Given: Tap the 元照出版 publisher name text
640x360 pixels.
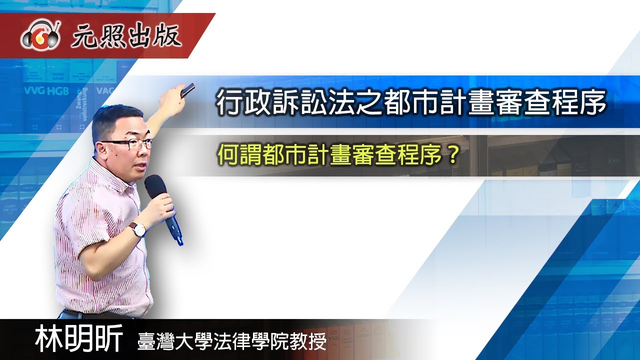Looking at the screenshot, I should tap(126, 36).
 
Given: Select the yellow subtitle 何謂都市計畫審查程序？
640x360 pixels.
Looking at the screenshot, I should tap(338, 156).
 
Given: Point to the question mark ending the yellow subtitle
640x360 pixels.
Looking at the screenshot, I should tap(451, 156).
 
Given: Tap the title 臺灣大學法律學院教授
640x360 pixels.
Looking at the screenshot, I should tap(232, 342).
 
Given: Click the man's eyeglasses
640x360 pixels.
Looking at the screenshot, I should tap(128, 144).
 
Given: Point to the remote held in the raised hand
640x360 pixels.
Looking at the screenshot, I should tap(188, 90).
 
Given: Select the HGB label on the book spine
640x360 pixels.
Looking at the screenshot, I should tap(59, 91).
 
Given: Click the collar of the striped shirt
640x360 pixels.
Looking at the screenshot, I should tap(103, 172).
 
